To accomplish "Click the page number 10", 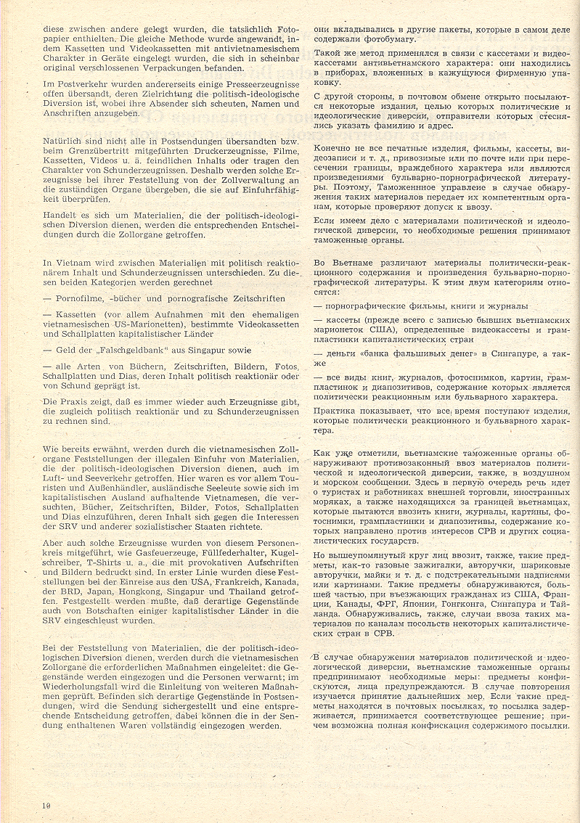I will click(x=46, y=805).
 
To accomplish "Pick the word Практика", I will click(x=335, y=410).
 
